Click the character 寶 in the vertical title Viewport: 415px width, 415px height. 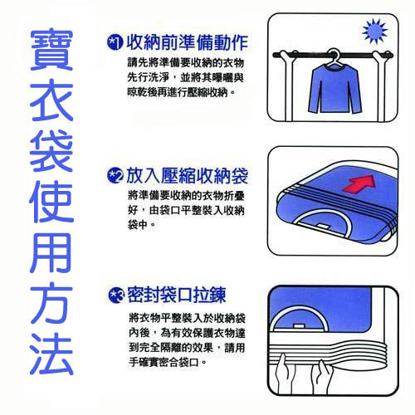(x=51, y=51)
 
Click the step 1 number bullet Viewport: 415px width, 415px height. (x=115, y=41)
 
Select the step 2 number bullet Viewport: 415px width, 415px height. (x=115, y=174)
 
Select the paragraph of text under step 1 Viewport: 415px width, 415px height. (x=181, y=77)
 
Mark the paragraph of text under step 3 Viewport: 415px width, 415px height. (x=181, y=340)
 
